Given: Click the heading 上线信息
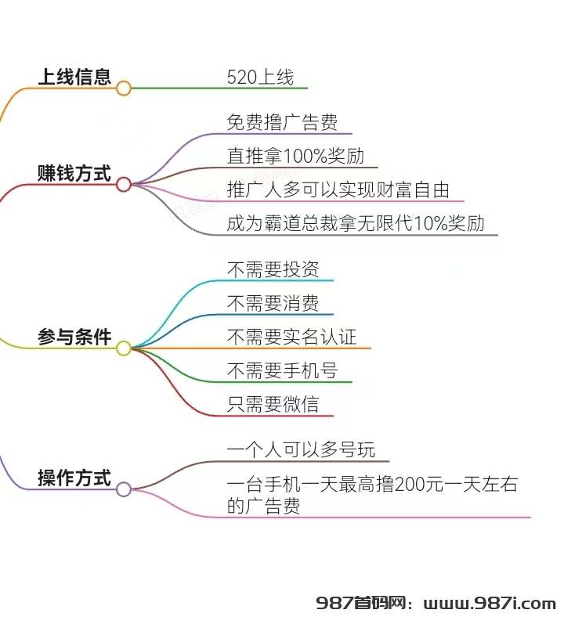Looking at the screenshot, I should tap(74, 77).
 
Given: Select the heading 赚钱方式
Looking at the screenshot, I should tap(74, 173).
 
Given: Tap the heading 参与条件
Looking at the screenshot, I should tap(74, 337).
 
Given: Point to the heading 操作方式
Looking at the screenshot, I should tap(74, 478).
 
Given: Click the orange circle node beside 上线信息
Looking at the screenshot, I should tap(123, 88).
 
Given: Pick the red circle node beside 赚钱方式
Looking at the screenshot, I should tap(123, 184).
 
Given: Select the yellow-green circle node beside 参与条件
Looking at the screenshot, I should tap(123, 348).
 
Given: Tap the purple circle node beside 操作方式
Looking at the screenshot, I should tap(123, 489).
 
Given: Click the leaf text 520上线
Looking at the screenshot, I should tap(260, 77).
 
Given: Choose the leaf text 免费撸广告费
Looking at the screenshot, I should tap(282, 122).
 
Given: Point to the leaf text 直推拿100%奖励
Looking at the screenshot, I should tap(295, 156).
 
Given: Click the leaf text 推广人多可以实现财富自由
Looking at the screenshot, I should tap(338, 189).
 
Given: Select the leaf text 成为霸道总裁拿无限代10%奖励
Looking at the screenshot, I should tap(356, 223).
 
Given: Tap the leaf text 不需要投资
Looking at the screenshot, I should tap(273, 269).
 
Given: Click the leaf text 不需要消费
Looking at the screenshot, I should tap(273, 303).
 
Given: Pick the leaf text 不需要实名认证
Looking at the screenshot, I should tap(291, 337).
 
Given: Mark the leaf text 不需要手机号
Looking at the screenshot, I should tap(282, 370).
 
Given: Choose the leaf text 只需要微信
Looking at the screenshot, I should tap(273, 404).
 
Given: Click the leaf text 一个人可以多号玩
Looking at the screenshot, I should tap(301, 449).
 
